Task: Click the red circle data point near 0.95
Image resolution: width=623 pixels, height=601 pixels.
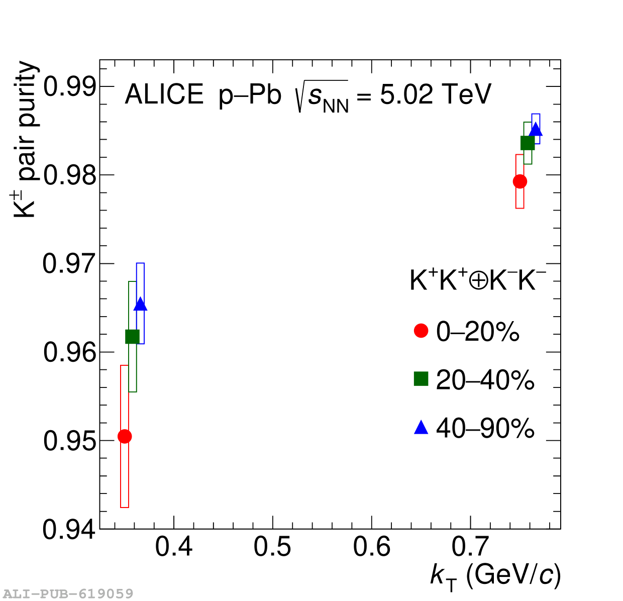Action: click(x=125, y=436)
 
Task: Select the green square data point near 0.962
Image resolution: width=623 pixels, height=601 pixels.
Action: click(x=132, y=336)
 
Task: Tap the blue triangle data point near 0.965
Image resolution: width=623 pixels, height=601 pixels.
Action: click(x=141, y=305)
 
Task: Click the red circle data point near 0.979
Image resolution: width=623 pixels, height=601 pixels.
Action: click(x=520, y=181)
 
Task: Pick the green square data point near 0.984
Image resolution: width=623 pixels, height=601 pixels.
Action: click(x=528, y=143)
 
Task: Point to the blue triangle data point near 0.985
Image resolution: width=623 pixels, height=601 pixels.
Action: click(x=536, y=130)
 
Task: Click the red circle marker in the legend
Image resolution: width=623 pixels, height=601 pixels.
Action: click(x=421, y=331)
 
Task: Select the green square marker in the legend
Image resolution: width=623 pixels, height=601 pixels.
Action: click(x=421, y=379)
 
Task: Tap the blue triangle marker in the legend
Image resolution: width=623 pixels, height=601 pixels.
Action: click(x=421, y=428)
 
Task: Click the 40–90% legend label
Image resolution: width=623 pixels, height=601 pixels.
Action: click(x=485, y=429)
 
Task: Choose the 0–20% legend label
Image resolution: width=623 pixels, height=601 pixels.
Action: click(x=477, y=332)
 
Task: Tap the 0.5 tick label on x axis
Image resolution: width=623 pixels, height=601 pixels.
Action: click(x=272, y=547)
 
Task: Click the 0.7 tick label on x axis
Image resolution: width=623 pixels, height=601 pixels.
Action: click(x=471, y=547)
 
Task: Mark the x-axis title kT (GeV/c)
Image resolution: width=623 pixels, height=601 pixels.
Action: click(x=495, y=575)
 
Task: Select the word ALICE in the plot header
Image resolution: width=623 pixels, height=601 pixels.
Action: click(x=164, y=94)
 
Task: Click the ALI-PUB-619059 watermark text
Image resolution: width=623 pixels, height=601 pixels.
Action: click(x=68, y=594)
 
